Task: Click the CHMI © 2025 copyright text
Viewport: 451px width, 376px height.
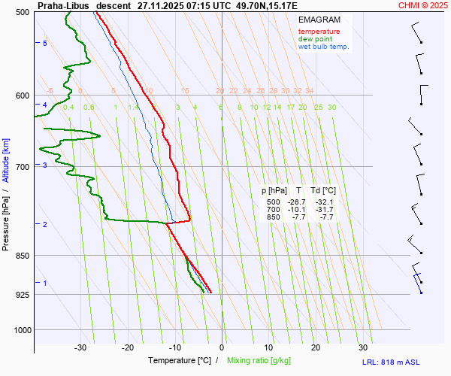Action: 423,5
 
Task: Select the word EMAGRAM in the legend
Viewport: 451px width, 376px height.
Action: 319,20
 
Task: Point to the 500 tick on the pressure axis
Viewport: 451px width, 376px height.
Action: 22,12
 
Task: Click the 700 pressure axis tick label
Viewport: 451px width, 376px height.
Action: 22,166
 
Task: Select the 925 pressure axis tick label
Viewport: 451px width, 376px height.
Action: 22,294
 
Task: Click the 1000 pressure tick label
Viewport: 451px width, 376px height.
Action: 20,329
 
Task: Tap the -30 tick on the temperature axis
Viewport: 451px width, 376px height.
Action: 80,347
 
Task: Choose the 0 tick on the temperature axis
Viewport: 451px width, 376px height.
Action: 222,347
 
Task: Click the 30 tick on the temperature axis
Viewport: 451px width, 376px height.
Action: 363,347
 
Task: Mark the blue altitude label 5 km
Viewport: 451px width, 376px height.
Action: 45,44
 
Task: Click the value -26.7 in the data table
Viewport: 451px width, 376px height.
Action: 296,202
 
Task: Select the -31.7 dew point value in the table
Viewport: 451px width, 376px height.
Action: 325,210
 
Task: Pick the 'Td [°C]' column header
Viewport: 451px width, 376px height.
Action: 324,191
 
